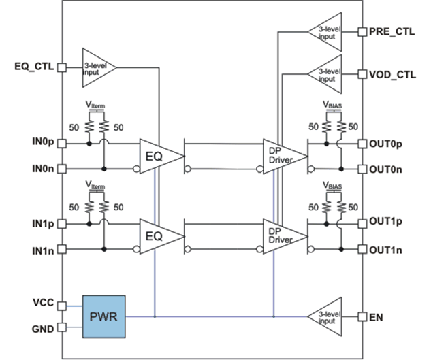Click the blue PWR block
pos(104,316)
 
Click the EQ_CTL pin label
pos(33,67)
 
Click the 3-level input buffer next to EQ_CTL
pos(97,67)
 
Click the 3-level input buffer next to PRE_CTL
pos(328,31)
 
